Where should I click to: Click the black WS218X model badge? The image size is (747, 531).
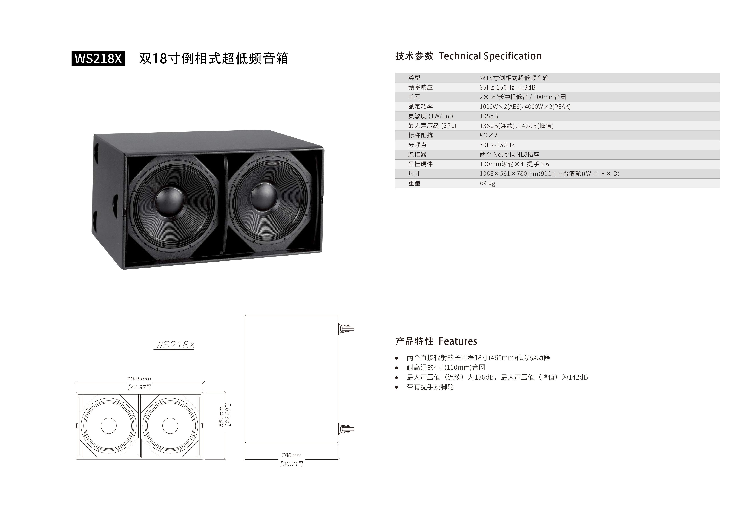98,59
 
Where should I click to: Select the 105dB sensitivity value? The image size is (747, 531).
489,116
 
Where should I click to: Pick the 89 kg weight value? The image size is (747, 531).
487,183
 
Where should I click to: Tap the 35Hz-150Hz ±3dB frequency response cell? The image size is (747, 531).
507,87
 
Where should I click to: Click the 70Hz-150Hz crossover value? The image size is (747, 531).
497,145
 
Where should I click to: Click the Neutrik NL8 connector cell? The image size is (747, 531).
509,154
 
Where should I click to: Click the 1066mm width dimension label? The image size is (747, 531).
139,379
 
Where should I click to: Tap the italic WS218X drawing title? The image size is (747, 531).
175,345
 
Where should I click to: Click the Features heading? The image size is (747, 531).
458,341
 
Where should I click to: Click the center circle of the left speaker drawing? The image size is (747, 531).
108,425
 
